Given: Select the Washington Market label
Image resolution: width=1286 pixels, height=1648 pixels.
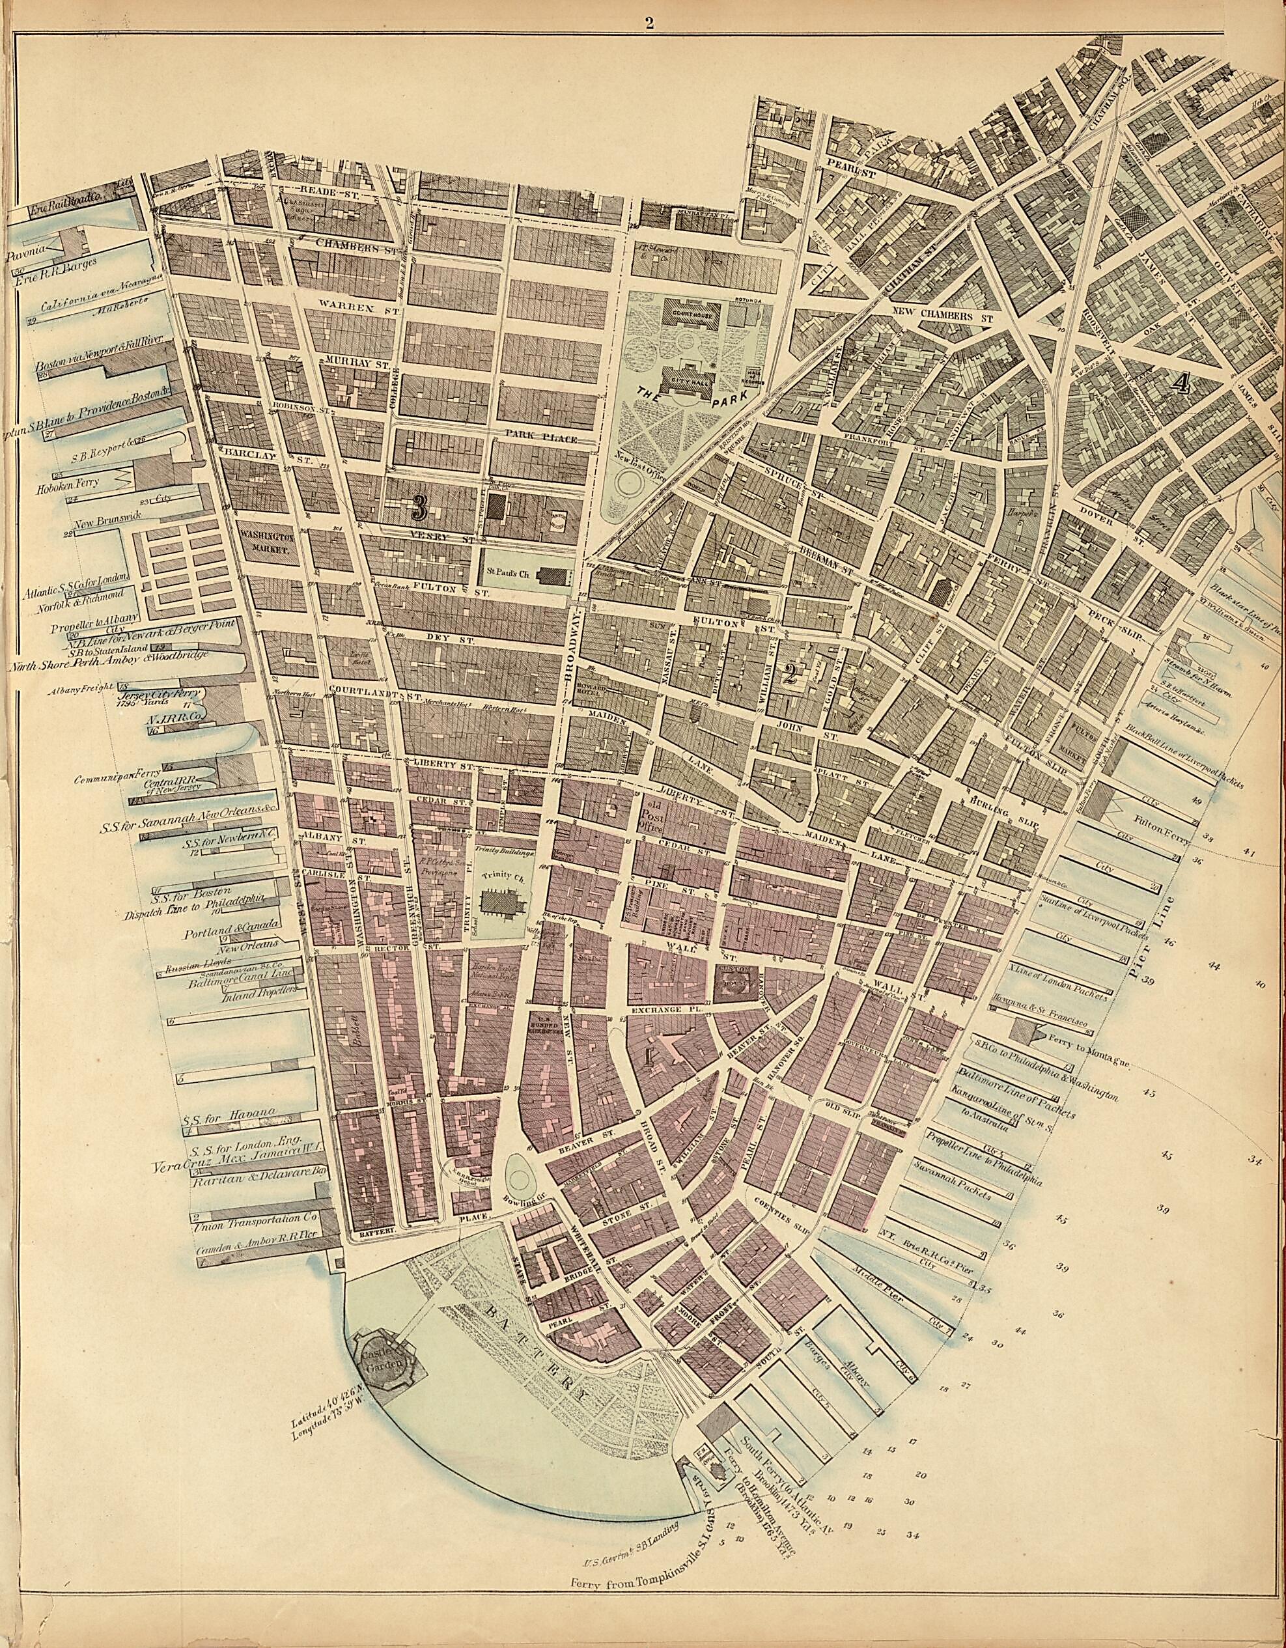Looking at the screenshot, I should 265,543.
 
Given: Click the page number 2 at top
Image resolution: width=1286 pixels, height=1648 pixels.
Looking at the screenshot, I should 649,22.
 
